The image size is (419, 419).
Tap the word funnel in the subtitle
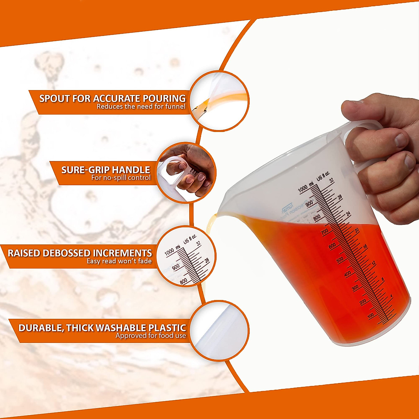[174, 106]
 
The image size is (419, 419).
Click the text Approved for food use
[151, 336]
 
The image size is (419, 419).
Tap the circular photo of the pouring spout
[220, 101]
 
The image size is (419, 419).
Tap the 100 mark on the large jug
[370, 315]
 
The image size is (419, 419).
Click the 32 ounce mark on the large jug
[331, 180]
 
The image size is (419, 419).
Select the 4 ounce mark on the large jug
[391, 296]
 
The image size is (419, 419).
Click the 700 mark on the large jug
[324, 231]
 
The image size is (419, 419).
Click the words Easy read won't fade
[119, 261]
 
